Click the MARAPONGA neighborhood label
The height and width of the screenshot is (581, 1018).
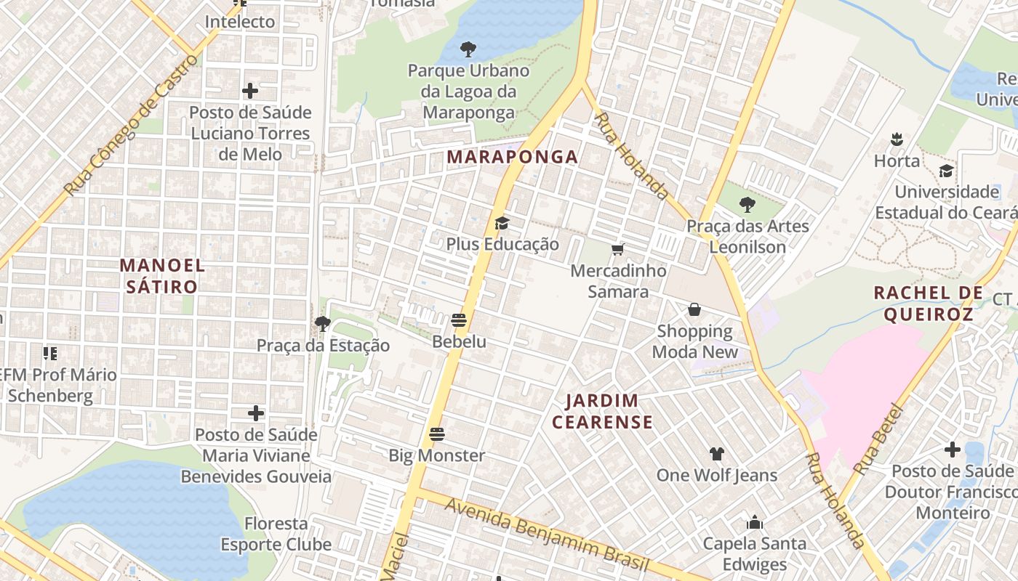coord(513,157)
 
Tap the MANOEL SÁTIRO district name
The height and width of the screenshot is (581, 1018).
coord(161,276)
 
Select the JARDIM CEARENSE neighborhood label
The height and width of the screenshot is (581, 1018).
coord(601,411)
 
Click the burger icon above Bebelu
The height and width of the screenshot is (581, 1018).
coord(458,320)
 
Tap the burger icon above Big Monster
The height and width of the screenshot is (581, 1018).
coord(436,434)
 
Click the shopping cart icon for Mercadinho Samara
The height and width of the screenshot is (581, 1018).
coord(617,250)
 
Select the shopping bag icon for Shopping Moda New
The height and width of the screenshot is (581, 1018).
coord(694,310)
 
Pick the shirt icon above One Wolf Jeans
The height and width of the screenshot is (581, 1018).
coord(716,454)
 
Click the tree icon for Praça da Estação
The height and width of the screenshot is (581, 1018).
coord(323,323)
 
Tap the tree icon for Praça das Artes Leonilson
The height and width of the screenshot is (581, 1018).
coord(747,204)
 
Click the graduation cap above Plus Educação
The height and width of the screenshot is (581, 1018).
coord(502,223)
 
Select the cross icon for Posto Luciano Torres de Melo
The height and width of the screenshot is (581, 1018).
coord(250,91)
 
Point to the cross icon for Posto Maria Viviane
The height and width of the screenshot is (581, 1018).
coord(255,413)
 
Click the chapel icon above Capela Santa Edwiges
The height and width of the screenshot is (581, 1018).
coord(754,522)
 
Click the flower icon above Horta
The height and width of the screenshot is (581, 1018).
coord(897,139)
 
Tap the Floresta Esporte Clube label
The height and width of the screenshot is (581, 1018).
coord(276,534)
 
